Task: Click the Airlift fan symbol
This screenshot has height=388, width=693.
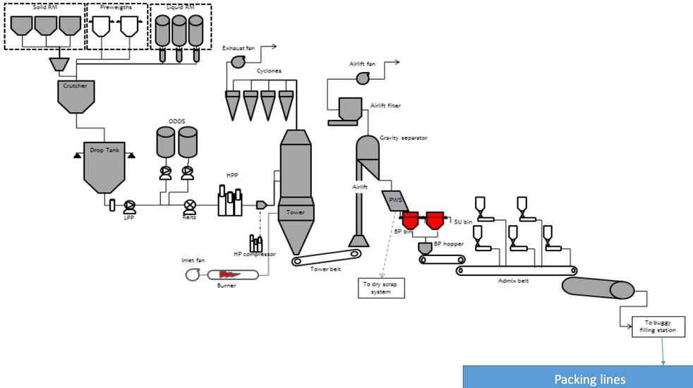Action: pos(360,79)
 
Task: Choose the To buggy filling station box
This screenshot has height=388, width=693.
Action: pos(658,326)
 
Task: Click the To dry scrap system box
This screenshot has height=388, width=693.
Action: pos(381,287)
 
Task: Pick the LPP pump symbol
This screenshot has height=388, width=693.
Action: pos(129,206)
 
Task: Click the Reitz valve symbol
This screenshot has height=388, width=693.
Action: pos(189,206)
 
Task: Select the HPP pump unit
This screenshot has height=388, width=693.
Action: pos(231,201)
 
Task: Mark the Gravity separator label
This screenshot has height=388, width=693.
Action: pos(403,138)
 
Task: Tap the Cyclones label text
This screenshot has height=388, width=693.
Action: pos(269,71)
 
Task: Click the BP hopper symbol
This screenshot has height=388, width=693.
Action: pos(426,248)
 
